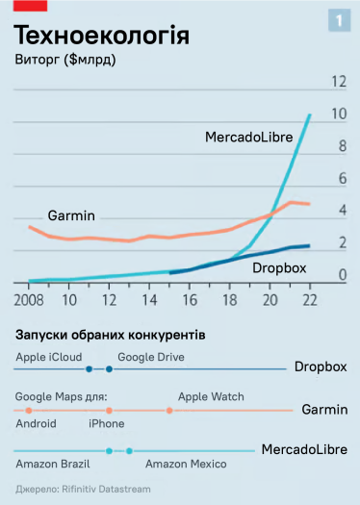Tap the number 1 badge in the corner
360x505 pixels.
(340, 20)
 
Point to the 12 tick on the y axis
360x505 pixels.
(338, 82)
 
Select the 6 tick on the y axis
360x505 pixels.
(342, 179)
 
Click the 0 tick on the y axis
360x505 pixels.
(342, 276)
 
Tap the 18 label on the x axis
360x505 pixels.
(230, 299)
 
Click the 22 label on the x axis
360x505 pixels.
(310, 299)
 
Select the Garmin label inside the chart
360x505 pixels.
(72, 215)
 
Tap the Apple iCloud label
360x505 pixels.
(48, 356)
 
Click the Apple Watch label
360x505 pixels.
(211, 396)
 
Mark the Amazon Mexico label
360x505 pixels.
(186, 464)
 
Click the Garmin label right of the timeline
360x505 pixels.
(324, 410)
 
